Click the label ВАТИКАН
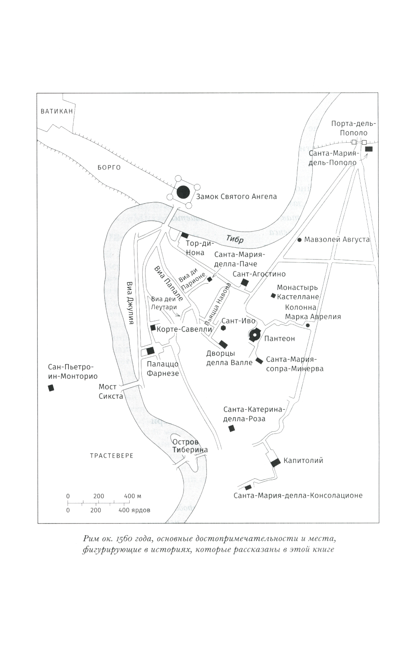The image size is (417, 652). [x=57, y=111]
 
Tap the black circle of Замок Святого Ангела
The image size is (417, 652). [x=183, y=192]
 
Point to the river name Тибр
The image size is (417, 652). [x=234, y=239]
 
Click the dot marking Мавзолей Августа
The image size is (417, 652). [x=299, y=240]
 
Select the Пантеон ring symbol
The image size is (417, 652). [x=254, y=336]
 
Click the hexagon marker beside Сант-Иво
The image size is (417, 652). [x=224, y=328]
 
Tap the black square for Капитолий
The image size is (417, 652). [x=275, y=462]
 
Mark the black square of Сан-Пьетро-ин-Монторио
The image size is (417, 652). [x=51, y=388]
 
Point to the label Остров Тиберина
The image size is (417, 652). [x=190, y=446]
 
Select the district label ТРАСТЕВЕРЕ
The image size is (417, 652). [x=112, y=456]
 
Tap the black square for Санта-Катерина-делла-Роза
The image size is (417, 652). [x=231, y=428]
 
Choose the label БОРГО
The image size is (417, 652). [x=109, y=168]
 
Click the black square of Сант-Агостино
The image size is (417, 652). [x=245, y=282]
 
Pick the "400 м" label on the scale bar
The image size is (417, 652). [x=133, y=496]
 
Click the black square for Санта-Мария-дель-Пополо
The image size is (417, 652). [x=369, y=149]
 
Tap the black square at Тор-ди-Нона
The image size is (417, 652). [x=184, y=235]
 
